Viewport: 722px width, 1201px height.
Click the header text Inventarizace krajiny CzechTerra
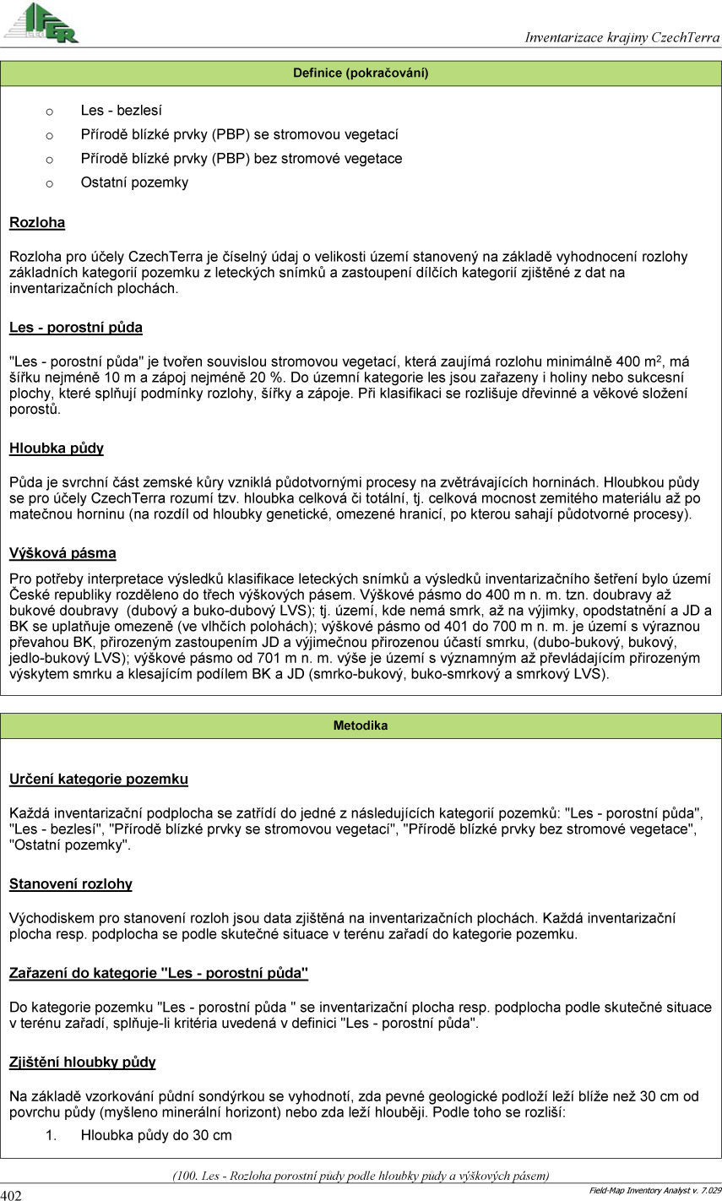(x=622, y=37)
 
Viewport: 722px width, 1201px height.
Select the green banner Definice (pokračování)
(x=361, y=73)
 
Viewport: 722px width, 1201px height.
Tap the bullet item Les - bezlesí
(x=121, y=111)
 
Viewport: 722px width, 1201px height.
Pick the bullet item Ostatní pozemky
(x=134, y=182)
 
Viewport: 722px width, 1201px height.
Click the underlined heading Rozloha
(x=37, y=223)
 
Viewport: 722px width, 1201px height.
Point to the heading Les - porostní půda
(x=76, y=328)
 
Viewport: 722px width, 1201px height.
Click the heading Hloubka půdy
(x=57, y=448)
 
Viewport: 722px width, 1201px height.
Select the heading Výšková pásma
(x=62, y=554)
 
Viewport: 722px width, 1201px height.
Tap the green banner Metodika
(x=361, y=725)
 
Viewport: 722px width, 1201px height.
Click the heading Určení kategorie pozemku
(x=99, y=780)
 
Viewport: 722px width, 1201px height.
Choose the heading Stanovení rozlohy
(x=71, y=884)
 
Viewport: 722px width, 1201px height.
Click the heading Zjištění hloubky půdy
(x=83, y=1062)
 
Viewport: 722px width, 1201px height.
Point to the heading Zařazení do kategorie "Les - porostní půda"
(x=159, y=973)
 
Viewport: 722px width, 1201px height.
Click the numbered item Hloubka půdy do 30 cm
(x=156, y=1135)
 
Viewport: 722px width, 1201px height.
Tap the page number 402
(x=11, y=1194)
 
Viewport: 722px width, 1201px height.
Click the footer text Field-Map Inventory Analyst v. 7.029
(x=654, y=1191)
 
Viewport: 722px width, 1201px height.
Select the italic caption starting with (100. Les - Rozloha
(x=361, y=1175)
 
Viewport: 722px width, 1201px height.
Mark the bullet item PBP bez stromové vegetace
(x=242, y=159)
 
